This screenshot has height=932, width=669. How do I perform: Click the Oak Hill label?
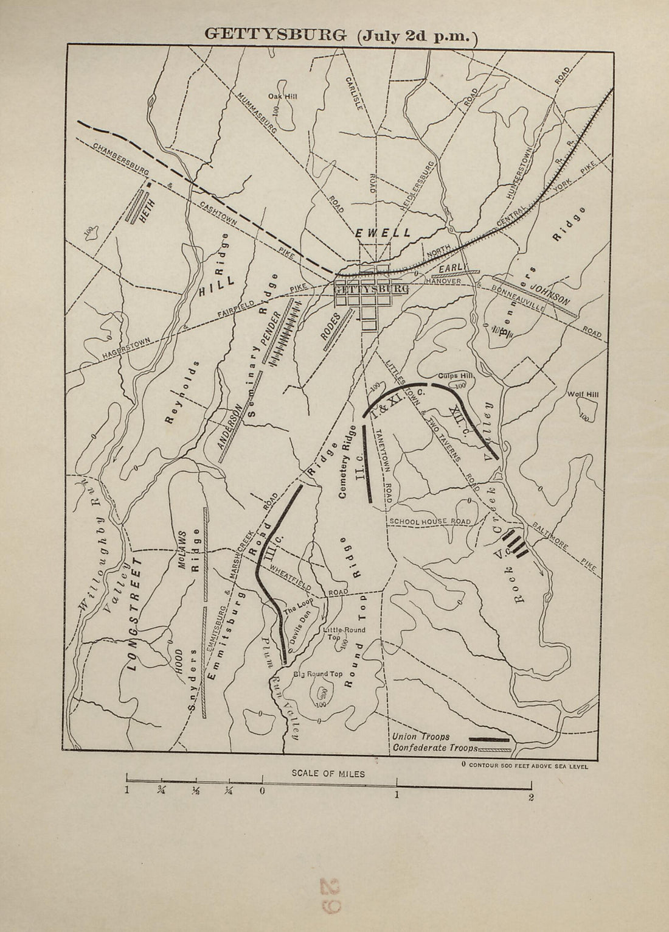click(282, 96)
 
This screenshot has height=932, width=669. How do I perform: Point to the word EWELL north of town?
click(383, 233)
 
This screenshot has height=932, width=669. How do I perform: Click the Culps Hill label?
click(449, 376)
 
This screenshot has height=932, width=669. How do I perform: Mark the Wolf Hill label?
click(583, 394)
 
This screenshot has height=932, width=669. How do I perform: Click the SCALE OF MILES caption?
click(328, 774)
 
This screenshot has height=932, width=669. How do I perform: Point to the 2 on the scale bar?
click(531, 798)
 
